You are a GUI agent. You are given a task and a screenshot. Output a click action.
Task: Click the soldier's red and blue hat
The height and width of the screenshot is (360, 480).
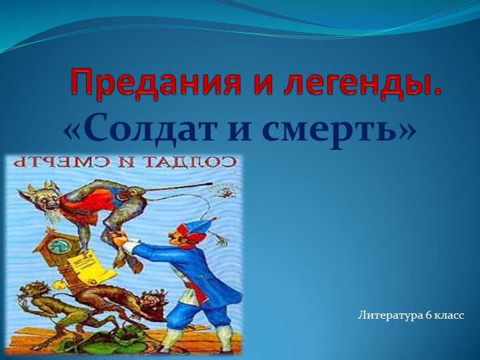click(201, 227)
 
